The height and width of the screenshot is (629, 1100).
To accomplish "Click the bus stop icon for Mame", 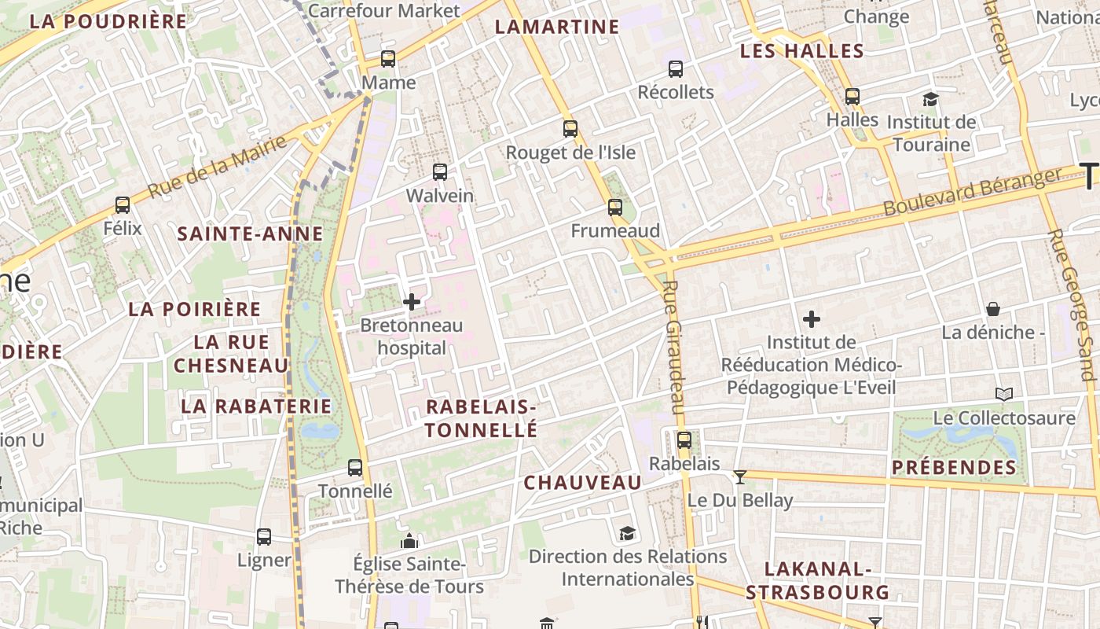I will pyautogui.click(x=388, y=59).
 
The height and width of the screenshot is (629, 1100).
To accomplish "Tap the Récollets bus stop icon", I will pyautogui.click(x=676, y=69).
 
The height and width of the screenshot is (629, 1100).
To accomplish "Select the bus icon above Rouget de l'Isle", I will pyautogui.click(x=570, y=129).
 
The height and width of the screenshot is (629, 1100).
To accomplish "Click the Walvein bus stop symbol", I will pyautogui.click(x=440, y=171).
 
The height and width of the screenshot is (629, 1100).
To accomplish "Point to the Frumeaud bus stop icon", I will pyautogui.click(x=615, y=208).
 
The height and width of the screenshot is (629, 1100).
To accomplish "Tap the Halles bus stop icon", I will pyautogui.click(x=852, y=97).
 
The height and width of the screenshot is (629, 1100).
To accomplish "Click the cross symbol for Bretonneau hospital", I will pyautogui.click(x=412, y=302).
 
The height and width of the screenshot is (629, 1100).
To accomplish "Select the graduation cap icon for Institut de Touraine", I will pyautogui.click(x=931, y=99).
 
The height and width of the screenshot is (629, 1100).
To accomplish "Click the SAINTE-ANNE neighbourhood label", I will pyautogui.click(x=250, y=234).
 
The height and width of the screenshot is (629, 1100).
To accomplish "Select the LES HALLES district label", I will pyautogui.click(x=802, y=52).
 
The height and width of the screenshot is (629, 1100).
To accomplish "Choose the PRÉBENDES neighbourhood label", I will pyautogui.click(x=954, y=468).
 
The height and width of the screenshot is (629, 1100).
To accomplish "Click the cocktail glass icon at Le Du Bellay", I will pyautogui.click(x=739, y=476).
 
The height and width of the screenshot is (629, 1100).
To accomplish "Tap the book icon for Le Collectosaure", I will pyautogui.click(x=1003, y=394).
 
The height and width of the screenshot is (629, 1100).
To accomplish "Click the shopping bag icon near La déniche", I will pyautogui.click(x=993, y=309).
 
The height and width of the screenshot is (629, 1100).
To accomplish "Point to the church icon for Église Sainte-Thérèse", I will pyautogui.click(x=409, y=541).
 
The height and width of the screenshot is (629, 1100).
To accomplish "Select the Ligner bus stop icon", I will pyautogui.click(x=264, y=537).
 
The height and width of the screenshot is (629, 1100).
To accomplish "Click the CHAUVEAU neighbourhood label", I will pyautogui.click(x=582, y=483).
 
